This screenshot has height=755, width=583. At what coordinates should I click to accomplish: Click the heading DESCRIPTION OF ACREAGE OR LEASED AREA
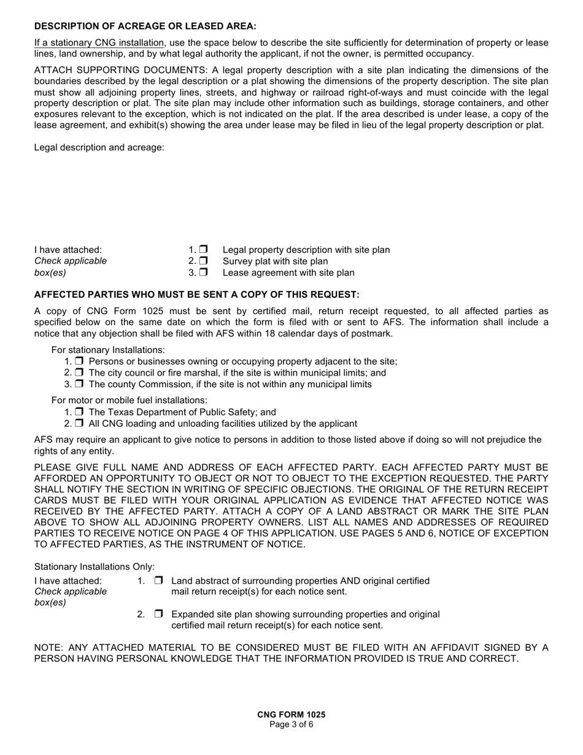145,26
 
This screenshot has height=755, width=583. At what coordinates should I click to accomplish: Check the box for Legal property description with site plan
204,249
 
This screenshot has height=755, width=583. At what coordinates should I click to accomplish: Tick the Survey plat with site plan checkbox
204,261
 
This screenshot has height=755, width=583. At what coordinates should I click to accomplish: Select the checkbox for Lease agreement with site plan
204,272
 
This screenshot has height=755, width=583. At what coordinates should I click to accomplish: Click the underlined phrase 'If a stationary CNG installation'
99,43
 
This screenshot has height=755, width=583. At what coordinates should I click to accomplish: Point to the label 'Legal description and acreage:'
99,147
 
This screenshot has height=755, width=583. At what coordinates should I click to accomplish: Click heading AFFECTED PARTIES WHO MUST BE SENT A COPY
196,295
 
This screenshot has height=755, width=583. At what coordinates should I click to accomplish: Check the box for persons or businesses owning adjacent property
79,362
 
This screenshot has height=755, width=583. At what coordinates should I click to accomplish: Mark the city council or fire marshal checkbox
79,373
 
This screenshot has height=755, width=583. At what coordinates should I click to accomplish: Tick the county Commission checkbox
79,384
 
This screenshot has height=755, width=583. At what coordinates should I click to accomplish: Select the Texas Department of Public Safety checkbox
79,412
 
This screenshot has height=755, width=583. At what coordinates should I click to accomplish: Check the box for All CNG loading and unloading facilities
79,424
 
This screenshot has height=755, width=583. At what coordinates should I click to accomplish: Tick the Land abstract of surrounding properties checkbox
159,580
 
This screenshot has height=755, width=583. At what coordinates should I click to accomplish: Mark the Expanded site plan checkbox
159,614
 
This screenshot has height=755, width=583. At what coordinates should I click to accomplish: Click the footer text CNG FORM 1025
291,714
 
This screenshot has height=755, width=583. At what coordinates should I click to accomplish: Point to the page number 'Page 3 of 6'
291,724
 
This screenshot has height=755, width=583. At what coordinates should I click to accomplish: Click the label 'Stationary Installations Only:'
95,567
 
